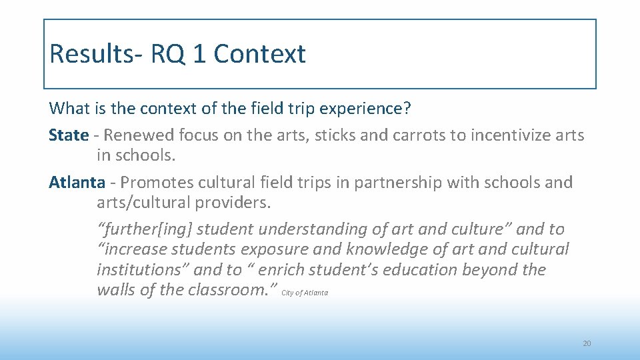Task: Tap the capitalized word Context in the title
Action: point(259,53)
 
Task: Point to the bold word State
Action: point(68,135)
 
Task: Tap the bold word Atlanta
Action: point(77,182)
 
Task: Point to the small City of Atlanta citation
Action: point(305,293)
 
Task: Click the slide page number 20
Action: point(587,343)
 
